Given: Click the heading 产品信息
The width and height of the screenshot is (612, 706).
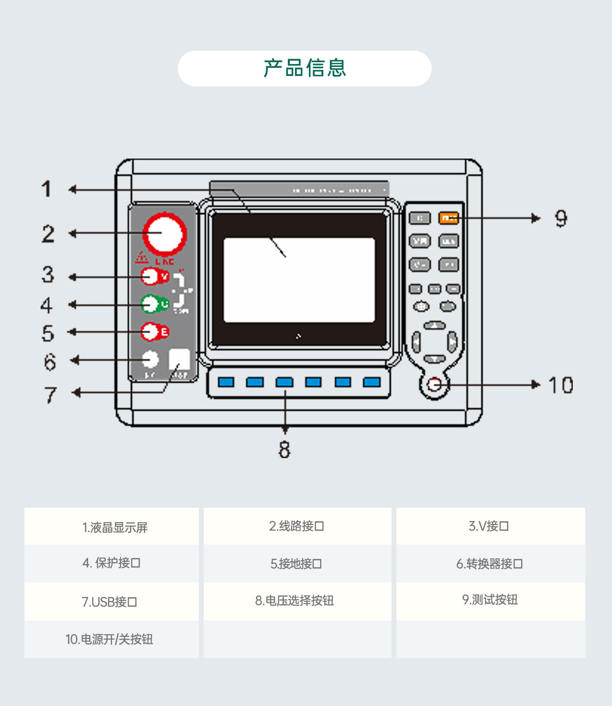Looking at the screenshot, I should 305,68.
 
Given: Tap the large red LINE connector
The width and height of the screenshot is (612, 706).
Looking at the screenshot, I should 164,234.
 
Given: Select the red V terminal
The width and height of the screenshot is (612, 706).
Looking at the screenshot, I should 151,276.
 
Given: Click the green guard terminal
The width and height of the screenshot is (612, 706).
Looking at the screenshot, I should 151,304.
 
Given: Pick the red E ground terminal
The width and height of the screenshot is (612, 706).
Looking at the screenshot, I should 151,332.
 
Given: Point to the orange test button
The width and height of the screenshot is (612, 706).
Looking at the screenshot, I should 448,218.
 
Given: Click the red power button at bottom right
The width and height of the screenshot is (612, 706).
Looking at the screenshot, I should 434,384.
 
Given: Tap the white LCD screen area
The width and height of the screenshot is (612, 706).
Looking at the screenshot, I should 299,280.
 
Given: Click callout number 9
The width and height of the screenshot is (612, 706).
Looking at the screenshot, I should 561,218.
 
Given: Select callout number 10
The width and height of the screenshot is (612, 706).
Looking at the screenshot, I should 560,385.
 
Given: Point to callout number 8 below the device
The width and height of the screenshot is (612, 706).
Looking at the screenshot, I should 284,449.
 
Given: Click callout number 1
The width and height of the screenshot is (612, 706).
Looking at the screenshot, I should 46,189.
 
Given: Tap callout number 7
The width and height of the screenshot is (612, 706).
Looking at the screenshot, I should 51,395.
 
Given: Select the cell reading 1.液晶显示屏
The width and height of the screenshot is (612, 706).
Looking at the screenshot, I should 115,527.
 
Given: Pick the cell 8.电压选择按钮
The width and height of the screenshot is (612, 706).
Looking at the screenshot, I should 295,600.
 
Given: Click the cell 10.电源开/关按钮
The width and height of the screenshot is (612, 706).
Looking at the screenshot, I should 109,639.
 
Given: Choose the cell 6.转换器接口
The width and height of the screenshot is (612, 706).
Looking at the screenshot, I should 490,564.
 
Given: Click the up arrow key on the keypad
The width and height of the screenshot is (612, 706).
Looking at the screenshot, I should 435,326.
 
